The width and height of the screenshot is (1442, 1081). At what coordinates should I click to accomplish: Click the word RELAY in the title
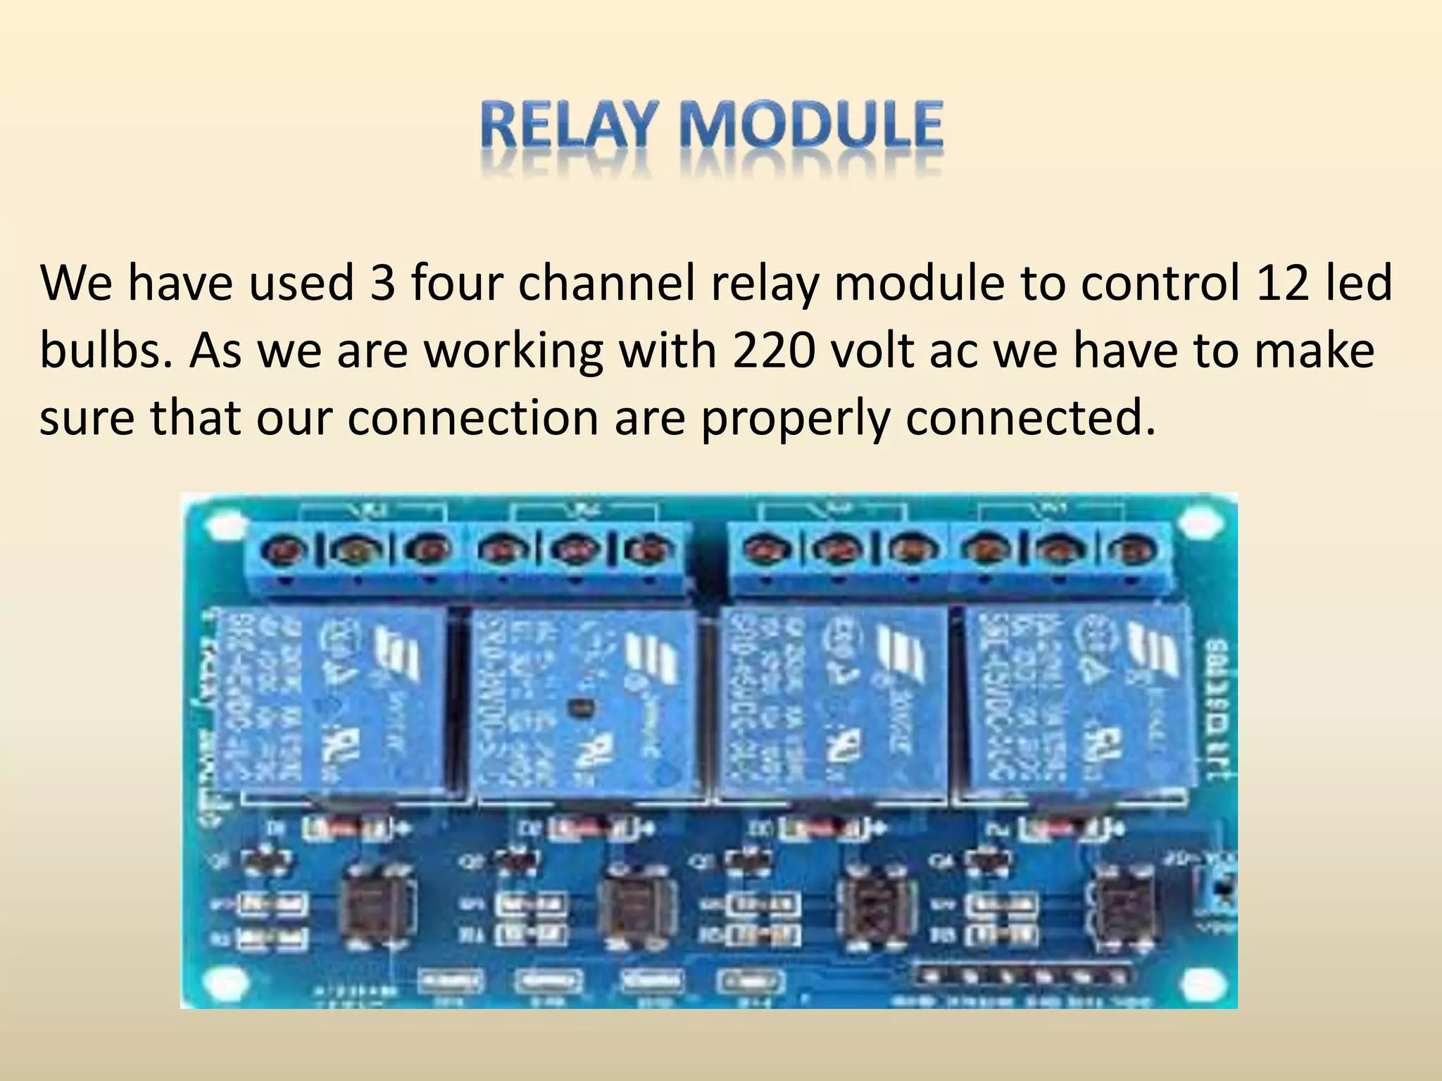point(563,126)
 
